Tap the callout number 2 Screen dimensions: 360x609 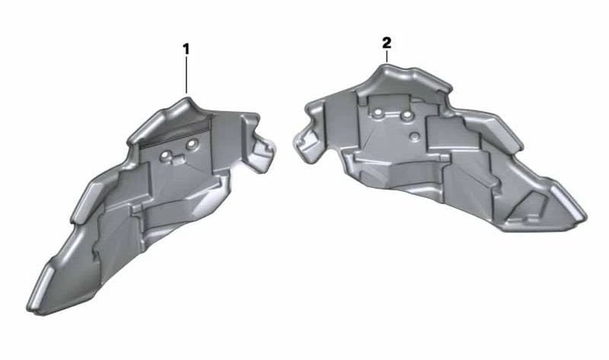coord(386,41)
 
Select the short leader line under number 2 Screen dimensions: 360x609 coord(387,56)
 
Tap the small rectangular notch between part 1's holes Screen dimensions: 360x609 coord(178,158)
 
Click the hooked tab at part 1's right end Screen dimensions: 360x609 coord(265,149)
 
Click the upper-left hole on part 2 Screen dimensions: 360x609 coord(378,113)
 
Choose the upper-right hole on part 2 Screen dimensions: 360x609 coord(407,115)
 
